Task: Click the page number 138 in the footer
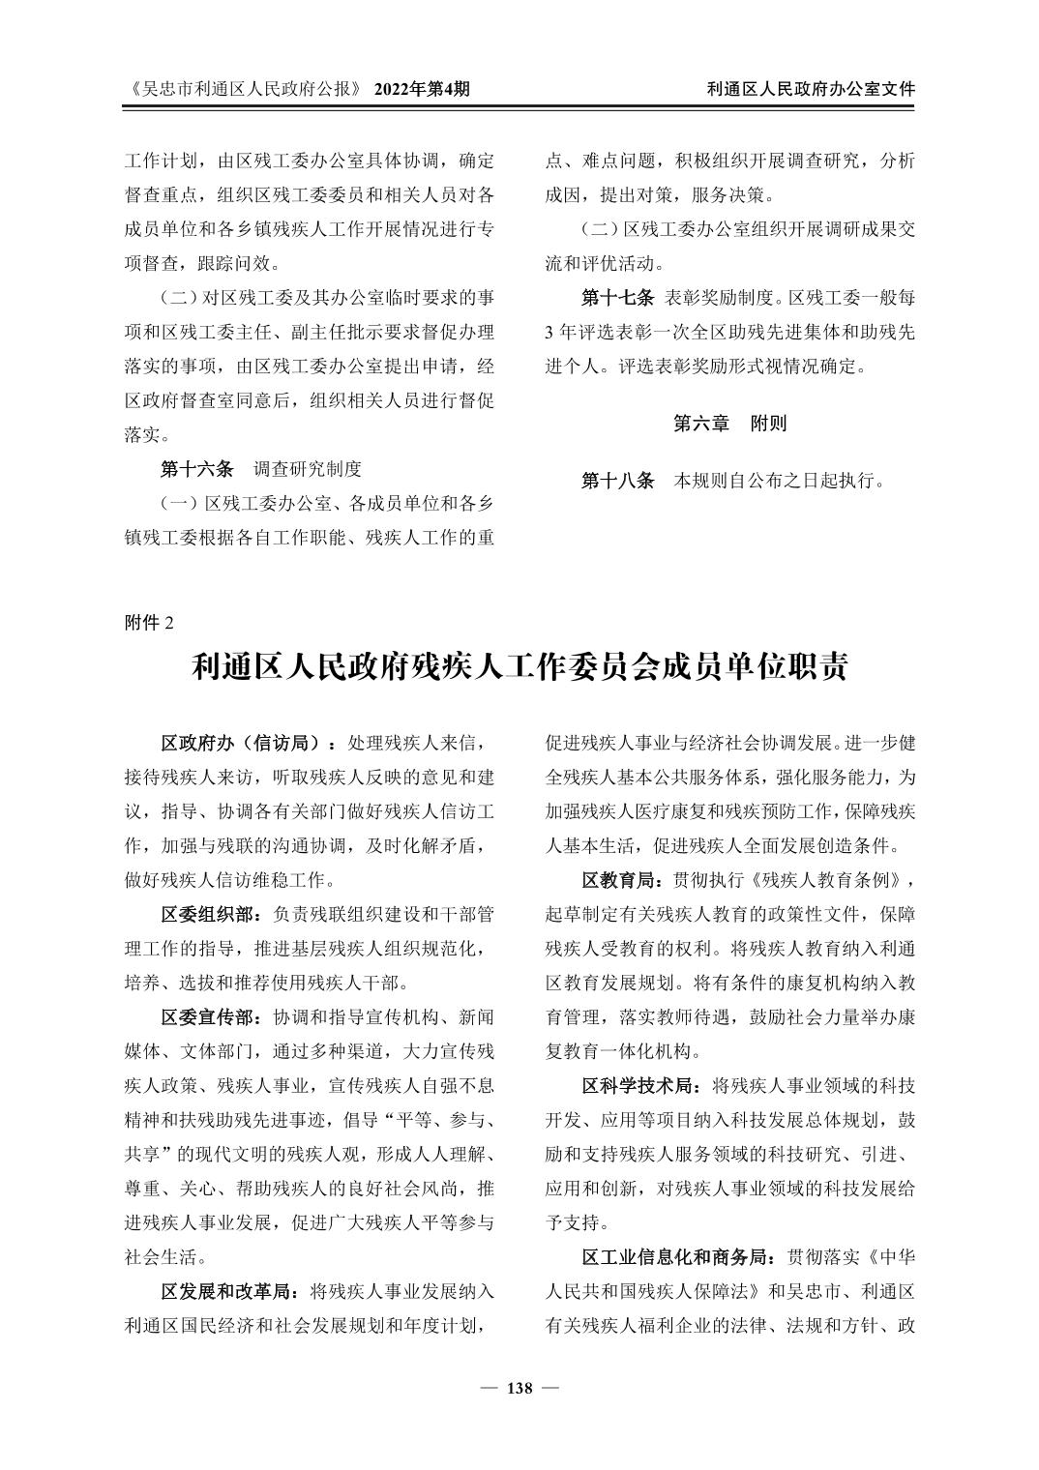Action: (x=519, y=1389)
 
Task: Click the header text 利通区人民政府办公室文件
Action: (x=811, y=89)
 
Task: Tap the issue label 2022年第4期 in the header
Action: (x=422, y=89)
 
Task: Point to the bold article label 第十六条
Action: (x=196, y=469)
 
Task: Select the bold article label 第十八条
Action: (x=618, y=480)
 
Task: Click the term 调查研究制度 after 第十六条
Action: (x=308, y=469)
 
